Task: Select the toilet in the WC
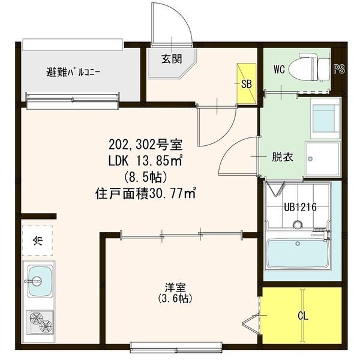305,70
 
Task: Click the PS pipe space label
340,69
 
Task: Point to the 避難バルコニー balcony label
74,73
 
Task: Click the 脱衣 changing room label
283,158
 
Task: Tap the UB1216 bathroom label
297,208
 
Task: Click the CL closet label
304,316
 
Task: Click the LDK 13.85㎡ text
145,161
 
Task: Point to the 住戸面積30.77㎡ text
146,194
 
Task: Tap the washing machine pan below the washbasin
323,158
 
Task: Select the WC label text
279,69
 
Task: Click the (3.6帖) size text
175,298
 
